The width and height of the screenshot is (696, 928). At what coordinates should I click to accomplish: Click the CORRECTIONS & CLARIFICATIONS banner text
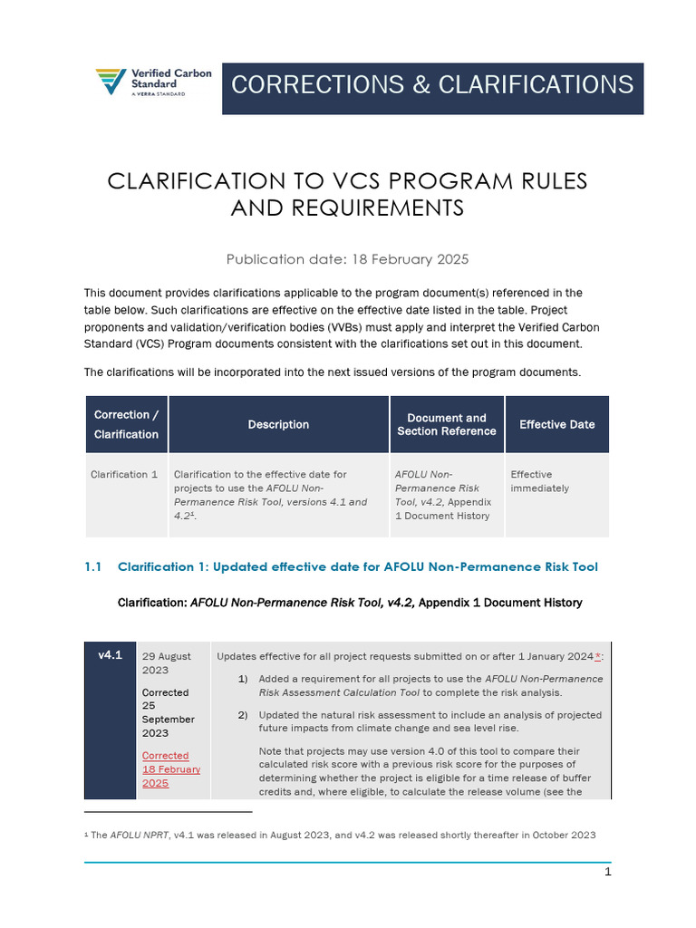[x=432, y=85]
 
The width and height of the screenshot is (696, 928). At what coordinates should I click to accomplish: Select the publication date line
[x=347, y=259]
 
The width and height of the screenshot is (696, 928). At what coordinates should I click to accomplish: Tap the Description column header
[x=278, y=424]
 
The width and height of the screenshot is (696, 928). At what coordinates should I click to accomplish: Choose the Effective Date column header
[x=556, y=424]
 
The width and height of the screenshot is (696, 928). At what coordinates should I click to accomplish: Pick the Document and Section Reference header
[x=447, y=424]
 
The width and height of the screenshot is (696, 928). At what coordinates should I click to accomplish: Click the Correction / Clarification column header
[x=126, y=424]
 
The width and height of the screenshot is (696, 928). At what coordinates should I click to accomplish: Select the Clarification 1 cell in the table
[x=124, y=474]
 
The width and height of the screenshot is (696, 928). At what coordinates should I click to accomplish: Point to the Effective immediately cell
[x=540, y=480]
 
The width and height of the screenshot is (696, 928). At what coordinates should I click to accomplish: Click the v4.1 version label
[x=110, y=655]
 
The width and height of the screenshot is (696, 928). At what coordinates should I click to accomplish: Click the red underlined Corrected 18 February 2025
[x=170, y=768]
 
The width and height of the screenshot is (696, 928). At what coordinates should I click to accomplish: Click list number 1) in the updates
[x=242, y=679]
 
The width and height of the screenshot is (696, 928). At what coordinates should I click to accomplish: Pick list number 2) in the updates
[x=242, y=715]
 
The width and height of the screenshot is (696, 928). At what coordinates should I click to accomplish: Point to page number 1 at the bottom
[x=608, y=872]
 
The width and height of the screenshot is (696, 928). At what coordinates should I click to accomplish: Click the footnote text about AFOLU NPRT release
[x=343, y=835]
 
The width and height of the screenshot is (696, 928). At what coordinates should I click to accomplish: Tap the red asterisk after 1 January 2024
[x=597, y=656]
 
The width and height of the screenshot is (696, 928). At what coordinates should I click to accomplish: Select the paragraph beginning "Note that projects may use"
[x=430, y=771]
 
